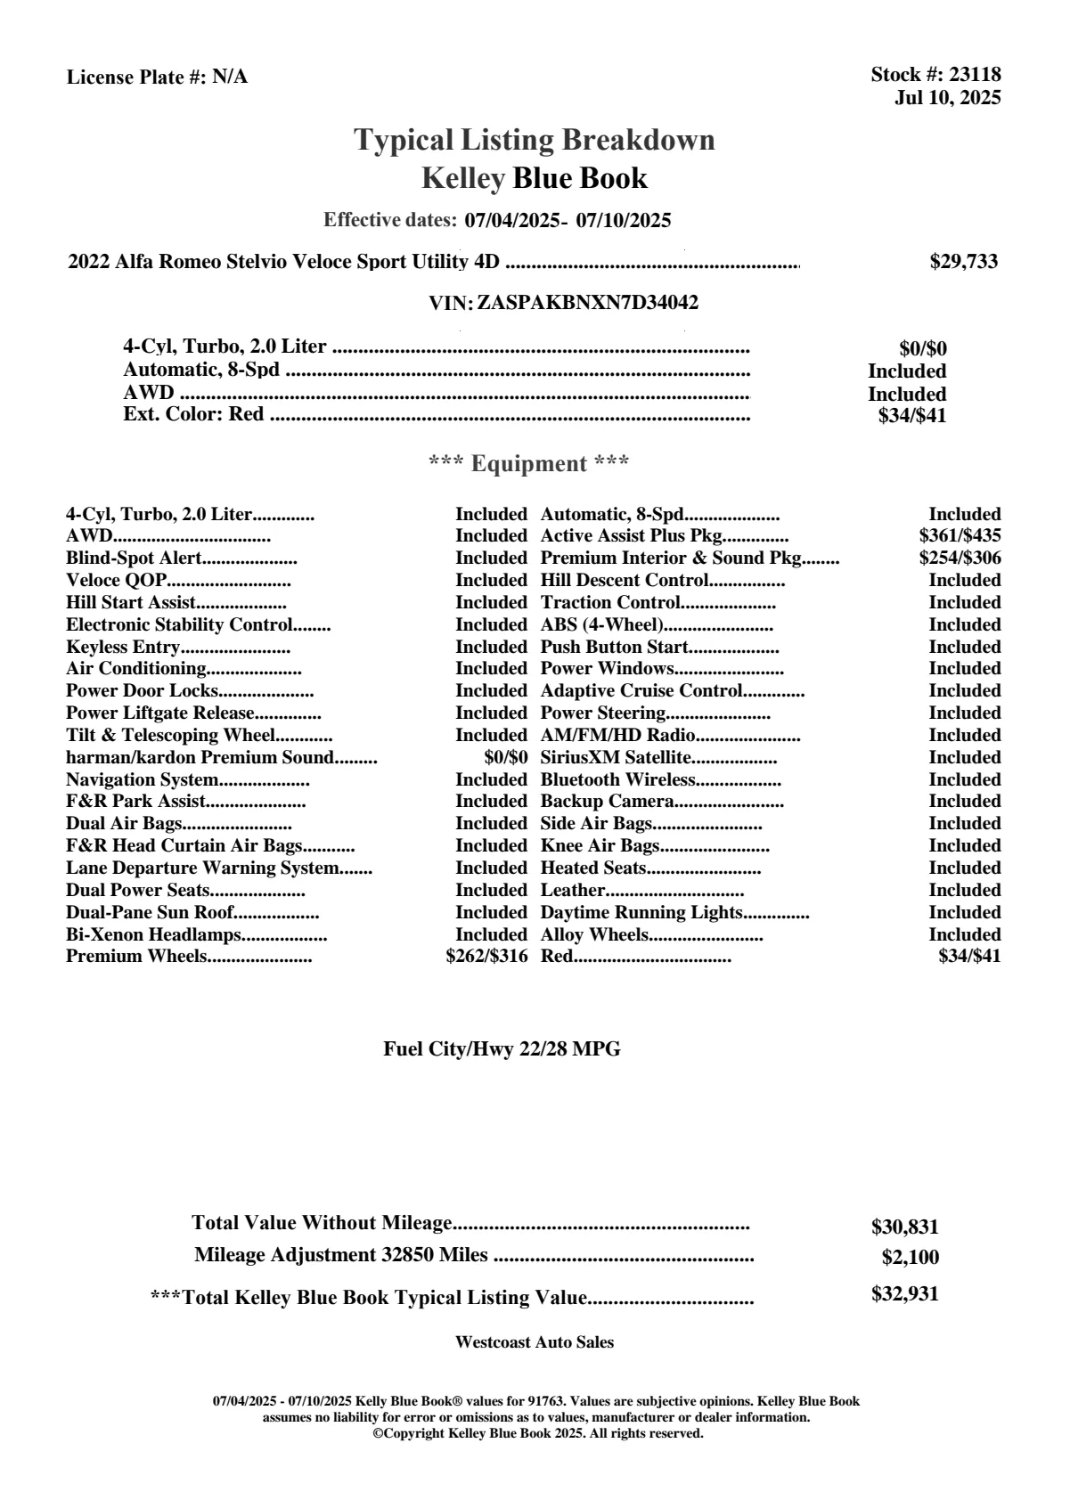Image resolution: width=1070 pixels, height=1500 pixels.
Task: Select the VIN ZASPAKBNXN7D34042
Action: point(587,303)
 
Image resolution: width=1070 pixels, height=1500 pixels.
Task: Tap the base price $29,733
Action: point(964,261)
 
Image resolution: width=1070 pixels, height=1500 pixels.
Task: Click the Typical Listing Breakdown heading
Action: point(535,140)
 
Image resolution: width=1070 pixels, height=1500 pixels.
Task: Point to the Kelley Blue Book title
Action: point(535,178)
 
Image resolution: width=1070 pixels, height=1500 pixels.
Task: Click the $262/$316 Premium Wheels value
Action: point(486,957)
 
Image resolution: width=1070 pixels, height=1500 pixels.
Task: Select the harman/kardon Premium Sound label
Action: point(200,758)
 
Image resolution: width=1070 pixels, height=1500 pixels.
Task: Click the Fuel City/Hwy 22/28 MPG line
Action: point(502,1049)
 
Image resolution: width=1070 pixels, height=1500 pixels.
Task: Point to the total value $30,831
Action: point(904,1227)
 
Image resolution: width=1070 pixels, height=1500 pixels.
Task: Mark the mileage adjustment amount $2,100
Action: point(910,1258)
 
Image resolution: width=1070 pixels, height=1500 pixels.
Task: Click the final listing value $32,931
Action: point(904,1294)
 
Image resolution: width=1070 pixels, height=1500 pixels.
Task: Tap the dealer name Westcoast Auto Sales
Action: point(535,1342)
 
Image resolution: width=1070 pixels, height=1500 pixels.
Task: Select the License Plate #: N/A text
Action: point(158,77)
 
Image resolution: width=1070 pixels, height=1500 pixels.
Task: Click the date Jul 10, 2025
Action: point(947,97)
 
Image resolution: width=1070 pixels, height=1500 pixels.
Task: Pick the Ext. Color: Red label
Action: point(193,414)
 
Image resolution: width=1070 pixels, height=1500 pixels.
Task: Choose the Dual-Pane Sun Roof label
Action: point(150,912)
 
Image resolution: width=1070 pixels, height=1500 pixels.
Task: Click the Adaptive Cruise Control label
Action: point(641,691)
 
